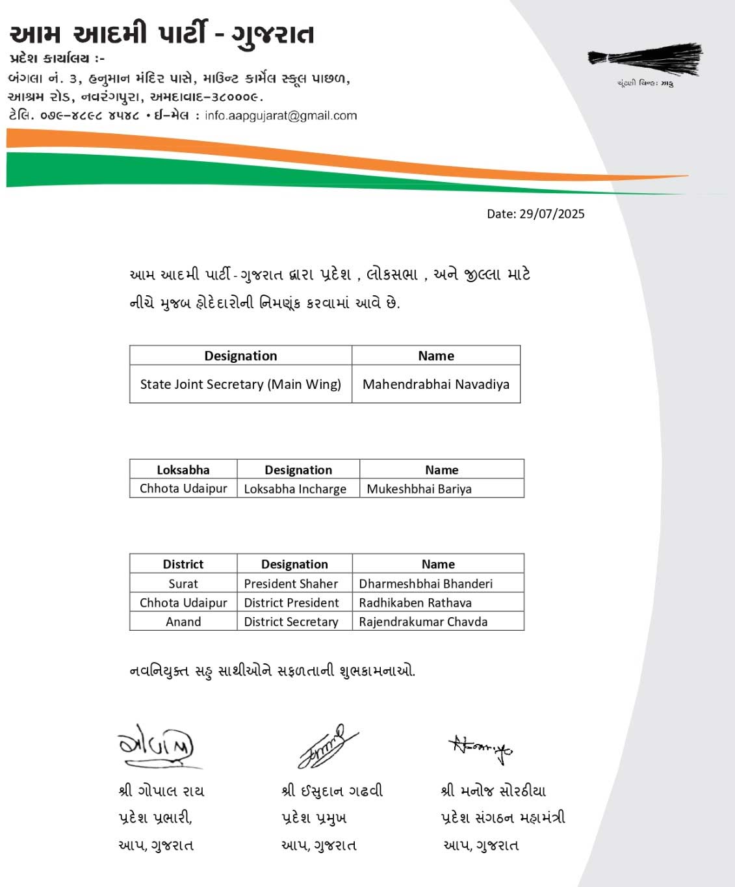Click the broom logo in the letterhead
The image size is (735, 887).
tap(645, 60)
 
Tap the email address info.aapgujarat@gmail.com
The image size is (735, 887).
tap(281, 116)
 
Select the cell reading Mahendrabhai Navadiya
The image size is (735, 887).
tap(436, 384)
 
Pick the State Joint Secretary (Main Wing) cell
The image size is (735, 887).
tap(240, 384)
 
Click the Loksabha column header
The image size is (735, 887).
tap(183, 470)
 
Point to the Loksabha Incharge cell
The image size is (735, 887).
tap(295, 489)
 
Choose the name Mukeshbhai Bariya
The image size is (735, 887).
tap(419, 489)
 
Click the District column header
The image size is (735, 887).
tap(183, 564)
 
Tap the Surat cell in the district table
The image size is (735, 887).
tap(183, 583)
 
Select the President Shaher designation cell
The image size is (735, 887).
tap(291, 583)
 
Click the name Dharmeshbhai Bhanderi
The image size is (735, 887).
tap(426, 583)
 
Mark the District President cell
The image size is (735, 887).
tap(291, 602)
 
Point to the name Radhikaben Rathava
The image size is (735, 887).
tap(415, 602)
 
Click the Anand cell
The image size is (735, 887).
tap(183, 622)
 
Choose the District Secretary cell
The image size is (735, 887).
tap(291, 622)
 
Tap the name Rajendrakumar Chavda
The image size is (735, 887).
tap(423, 622)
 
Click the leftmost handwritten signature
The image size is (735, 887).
tap(156, 746)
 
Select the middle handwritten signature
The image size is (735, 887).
tap(328, 746)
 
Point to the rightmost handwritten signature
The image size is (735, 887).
tap(481, 748)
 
